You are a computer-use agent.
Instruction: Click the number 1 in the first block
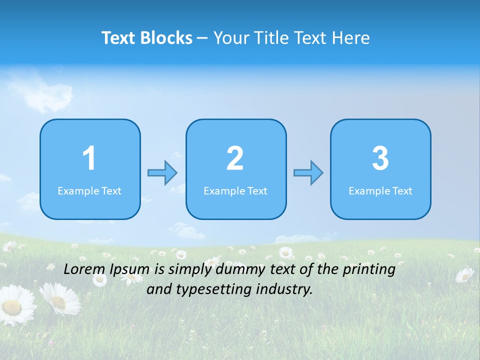click(89, 158)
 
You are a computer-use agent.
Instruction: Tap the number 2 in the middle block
click(235, 158)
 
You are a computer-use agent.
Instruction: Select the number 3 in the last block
click(380, 158)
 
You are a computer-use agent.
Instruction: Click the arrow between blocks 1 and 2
click(162, 172)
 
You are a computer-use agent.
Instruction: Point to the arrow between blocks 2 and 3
click(308, 172)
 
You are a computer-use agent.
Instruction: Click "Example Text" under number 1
click(89, 190)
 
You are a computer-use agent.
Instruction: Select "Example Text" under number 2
click(235, 190)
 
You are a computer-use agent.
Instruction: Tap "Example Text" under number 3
click(380, 190)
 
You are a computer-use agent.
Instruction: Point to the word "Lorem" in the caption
click(85, 269)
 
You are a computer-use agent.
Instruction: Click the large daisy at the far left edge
click(15, 305)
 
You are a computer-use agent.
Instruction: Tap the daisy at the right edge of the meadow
click(465, 274)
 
